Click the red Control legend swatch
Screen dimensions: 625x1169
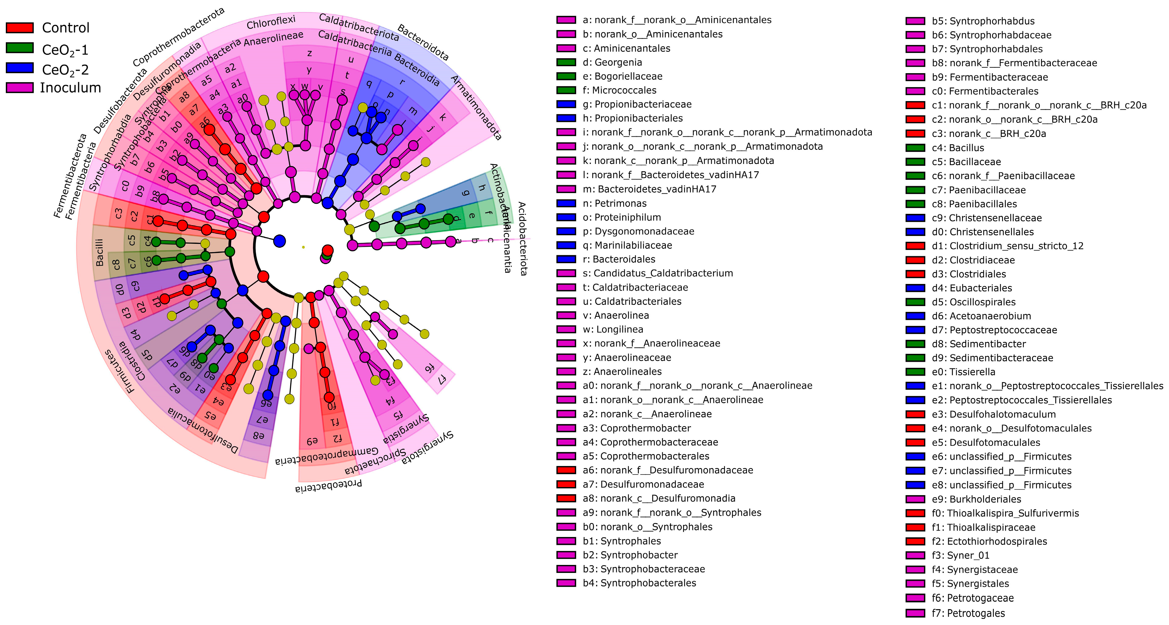[20, 28]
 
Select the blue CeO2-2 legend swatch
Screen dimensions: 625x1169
[20, 68]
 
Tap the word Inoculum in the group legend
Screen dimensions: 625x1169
[70, 88]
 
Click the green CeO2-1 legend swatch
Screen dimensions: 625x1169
[20, 48]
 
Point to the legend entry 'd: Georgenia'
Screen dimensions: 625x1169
[612, 62]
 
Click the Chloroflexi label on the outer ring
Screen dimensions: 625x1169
[271, 22]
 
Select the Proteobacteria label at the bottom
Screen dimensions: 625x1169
[329, 486]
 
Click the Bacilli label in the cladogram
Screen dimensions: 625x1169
[100, 252]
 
